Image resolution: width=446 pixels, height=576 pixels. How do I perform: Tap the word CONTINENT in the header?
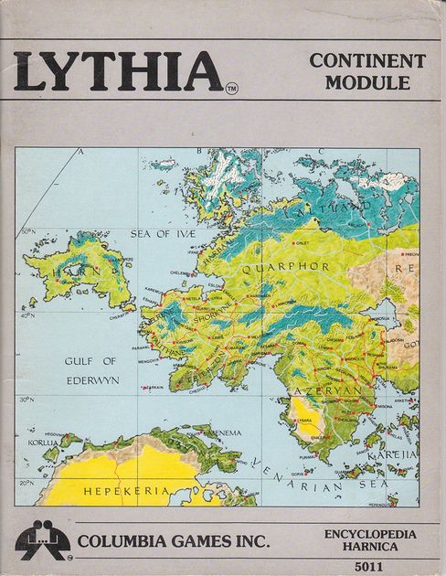367,62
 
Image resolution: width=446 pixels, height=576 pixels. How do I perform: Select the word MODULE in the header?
367,84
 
